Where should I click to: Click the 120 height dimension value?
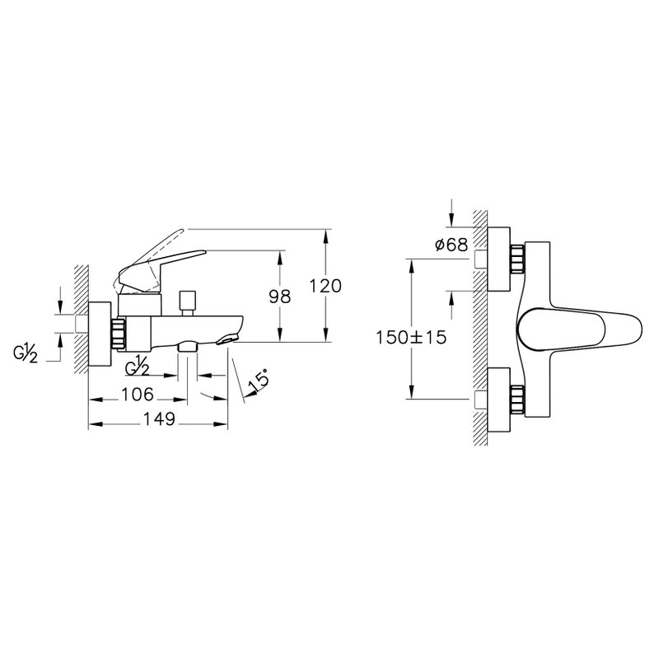(325, 286)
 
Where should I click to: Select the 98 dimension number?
(279, 297)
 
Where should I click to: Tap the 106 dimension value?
(138, 395)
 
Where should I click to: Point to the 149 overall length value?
(159, 419)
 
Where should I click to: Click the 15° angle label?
(258, 380)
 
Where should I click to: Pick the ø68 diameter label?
(451, 244)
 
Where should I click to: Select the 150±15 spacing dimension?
(411, 337)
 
